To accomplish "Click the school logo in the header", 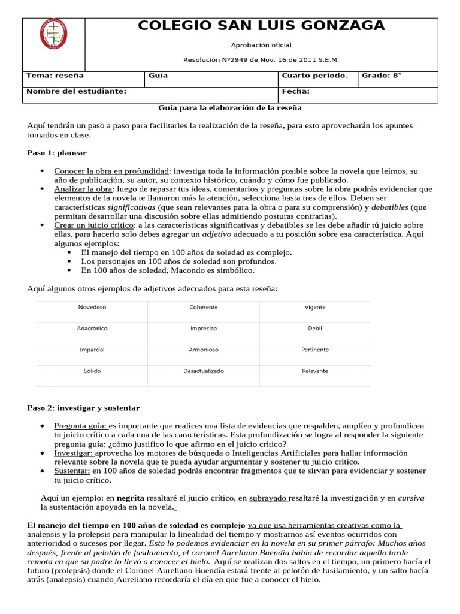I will point(54,37).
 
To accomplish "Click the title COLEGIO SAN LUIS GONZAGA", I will point(261,26).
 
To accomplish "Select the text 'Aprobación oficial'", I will point(261,45).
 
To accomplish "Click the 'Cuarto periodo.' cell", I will point(314,76).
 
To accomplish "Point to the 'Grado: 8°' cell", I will point(382,76).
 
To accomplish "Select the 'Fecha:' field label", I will point(295,91).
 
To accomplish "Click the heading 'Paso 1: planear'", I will point(57,153).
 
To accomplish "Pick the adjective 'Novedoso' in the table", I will point(92,307).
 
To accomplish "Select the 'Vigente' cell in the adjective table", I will point(315,307).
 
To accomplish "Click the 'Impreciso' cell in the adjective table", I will point(204,329).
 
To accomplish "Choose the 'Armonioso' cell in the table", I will point(204,350).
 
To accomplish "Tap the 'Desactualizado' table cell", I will point(204,371).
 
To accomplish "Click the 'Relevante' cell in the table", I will point(315,371).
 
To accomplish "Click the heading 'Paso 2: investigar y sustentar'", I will point(83,408).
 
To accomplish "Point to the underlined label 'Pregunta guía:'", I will point(80,426).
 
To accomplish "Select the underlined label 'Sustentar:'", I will point(72,471).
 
